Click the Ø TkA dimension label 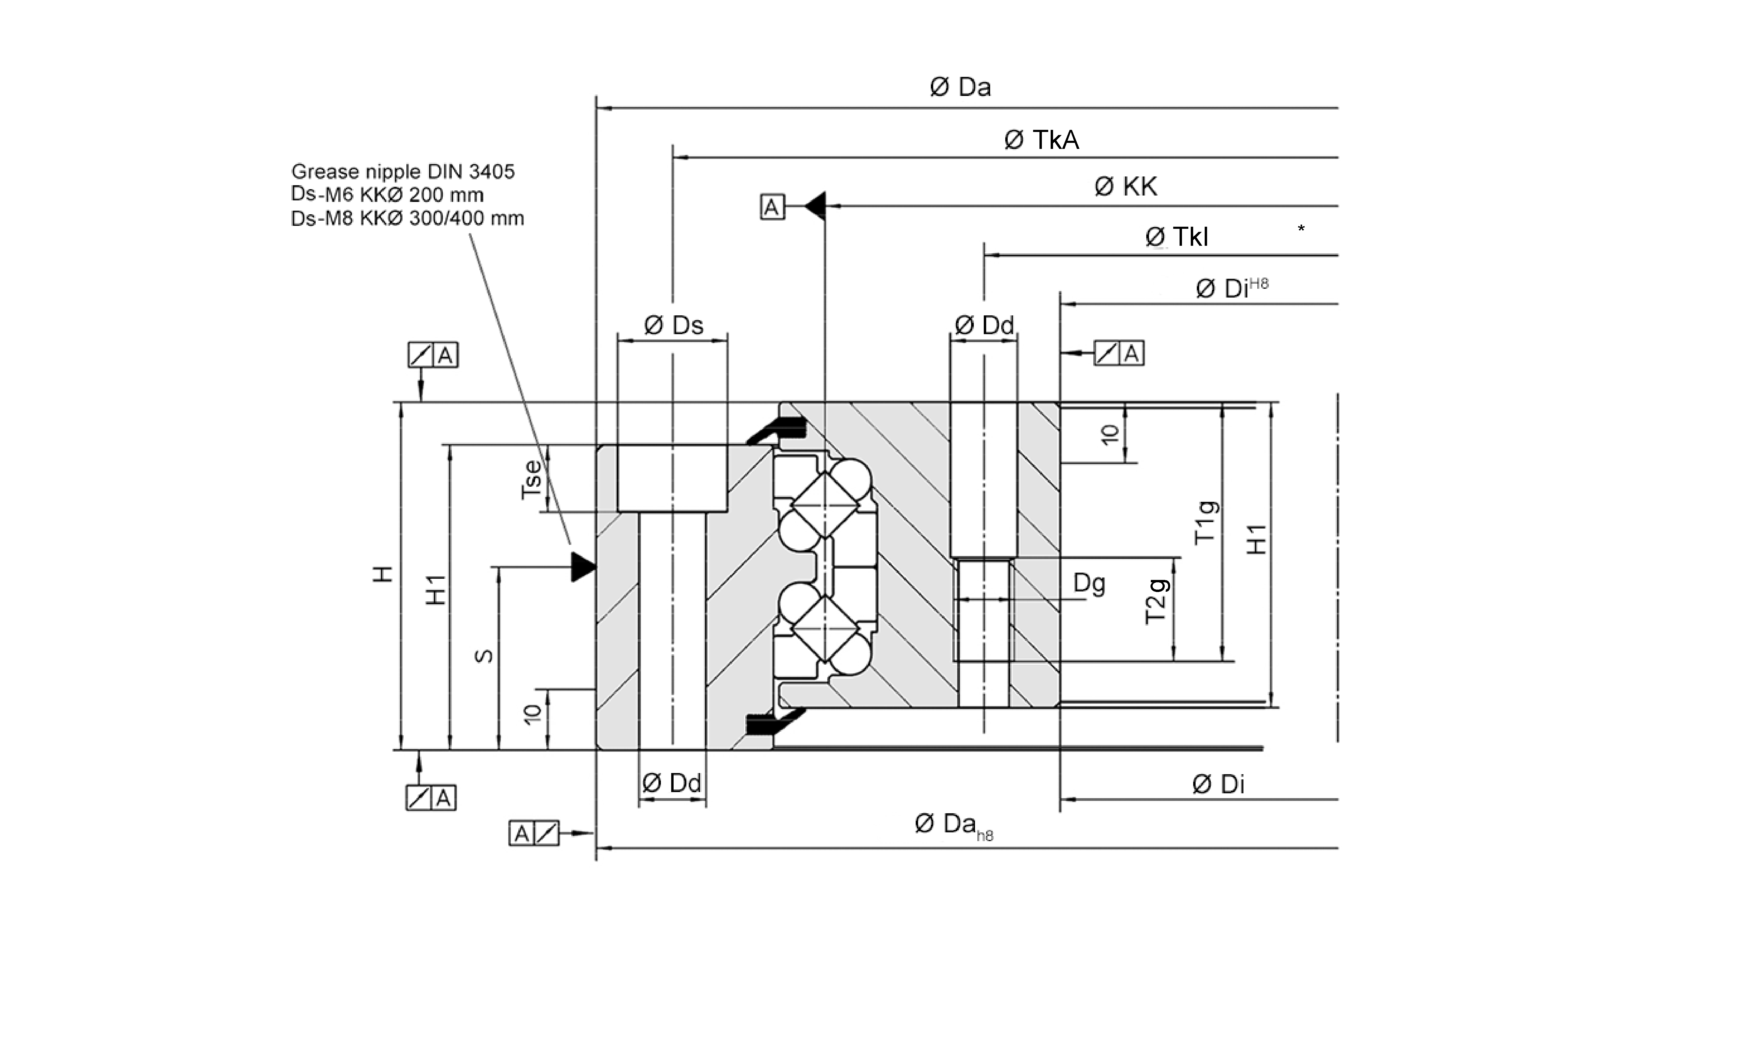tap(1041, 140)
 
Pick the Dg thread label tap(1089, 583)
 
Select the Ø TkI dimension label tap(1177, 237)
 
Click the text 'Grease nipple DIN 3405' tap(402, 172)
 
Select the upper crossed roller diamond tap(825, 505)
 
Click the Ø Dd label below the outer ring tap(672, 783)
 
